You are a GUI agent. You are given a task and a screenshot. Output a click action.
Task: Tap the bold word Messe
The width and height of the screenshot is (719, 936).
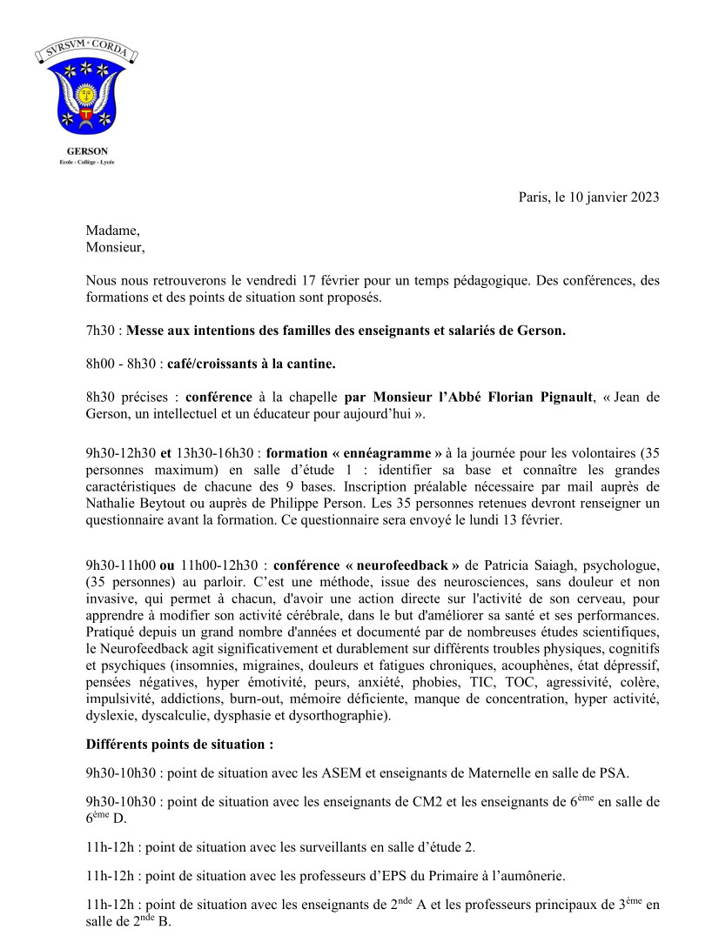pos(147,331)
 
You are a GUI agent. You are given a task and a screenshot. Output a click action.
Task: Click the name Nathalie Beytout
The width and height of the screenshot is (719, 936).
pos(134,504)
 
